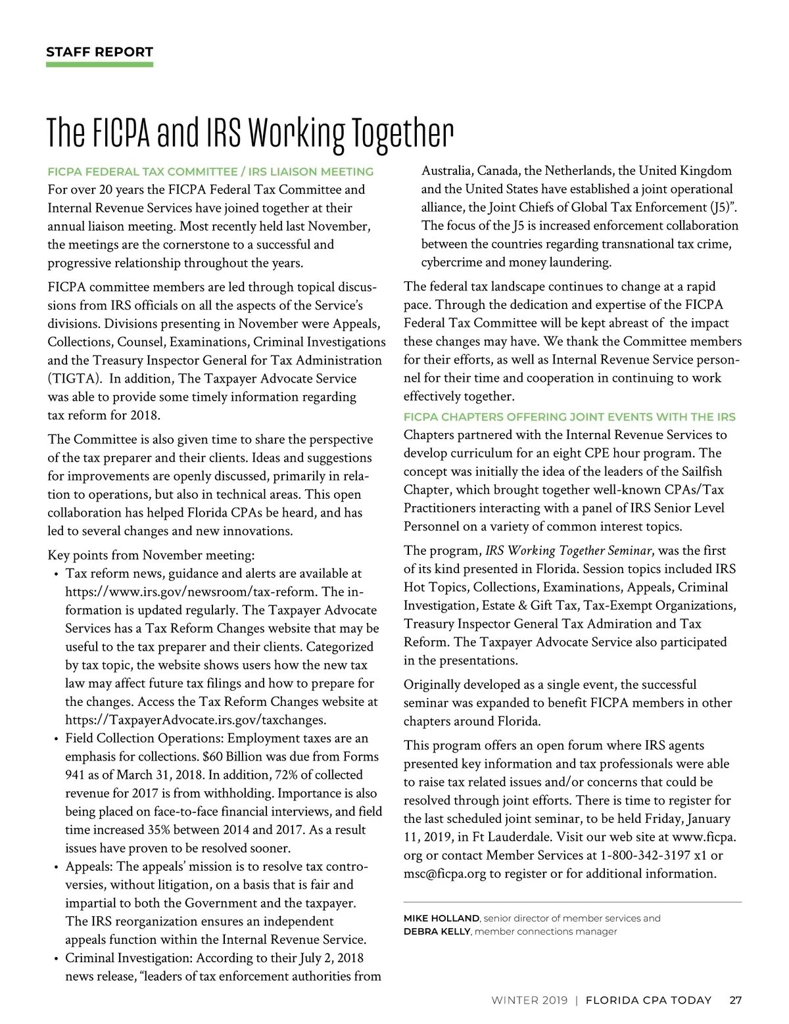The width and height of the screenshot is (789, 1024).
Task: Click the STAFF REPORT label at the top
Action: point(99,52)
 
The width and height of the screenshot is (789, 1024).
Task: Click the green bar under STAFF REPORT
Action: point(99,64)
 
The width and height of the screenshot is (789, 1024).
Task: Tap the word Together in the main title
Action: point(399,133)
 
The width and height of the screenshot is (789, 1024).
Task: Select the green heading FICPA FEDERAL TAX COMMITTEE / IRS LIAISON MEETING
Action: point(210,172)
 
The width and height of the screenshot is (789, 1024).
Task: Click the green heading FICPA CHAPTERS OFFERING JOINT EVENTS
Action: point(569,417)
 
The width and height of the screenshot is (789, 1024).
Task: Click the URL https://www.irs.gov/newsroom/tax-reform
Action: point(191,592)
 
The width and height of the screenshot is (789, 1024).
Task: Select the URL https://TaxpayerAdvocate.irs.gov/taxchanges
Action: point(195,720)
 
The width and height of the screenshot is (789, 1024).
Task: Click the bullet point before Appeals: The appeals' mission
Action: point(57,867)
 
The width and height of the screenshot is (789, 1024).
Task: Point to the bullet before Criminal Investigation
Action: point(57,958)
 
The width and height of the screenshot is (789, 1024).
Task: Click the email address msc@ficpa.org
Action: point(444,873)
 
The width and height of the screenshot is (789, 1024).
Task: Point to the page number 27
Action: point(736,1000)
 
